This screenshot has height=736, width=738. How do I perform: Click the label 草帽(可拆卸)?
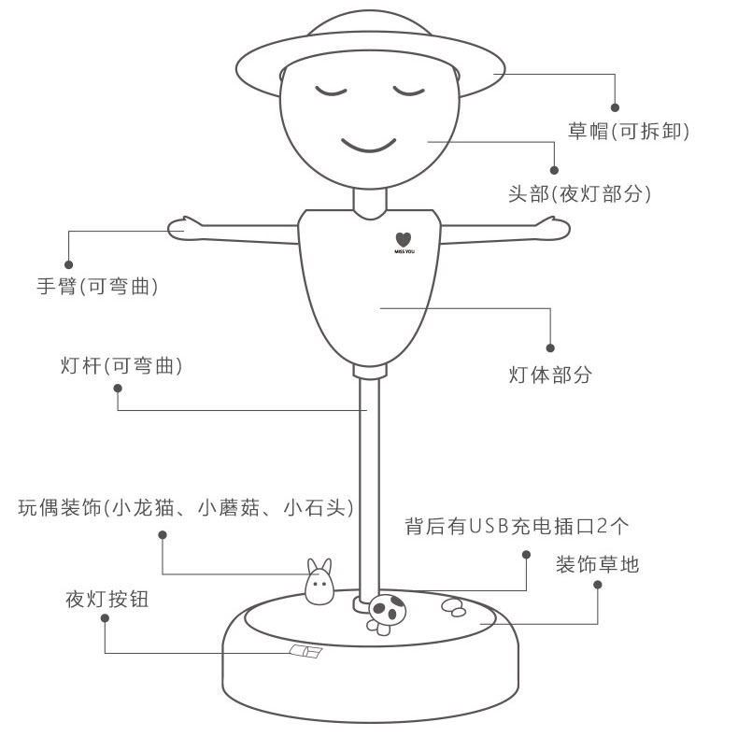coord(629,131)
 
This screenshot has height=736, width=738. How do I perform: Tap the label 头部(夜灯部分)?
coord(578,193)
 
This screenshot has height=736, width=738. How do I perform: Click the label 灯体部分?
coord(550,375)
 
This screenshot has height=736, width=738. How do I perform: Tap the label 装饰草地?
coord(598,564)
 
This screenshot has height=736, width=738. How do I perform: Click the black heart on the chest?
coord(402,239)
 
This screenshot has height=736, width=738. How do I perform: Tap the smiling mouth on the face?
coord(368,145)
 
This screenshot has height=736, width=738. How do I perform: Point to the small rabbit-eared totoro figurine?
coord(319,583)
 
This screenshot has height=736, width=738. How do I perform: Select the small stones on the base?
coord(452,606)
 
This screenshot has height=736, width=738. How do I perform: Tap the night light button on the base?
coord(305,652)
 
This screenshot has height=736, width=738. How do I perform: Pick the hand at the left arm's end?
coord(184,227)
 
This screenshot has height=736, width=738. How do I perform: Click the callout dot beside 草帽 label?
coord(616,106)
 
